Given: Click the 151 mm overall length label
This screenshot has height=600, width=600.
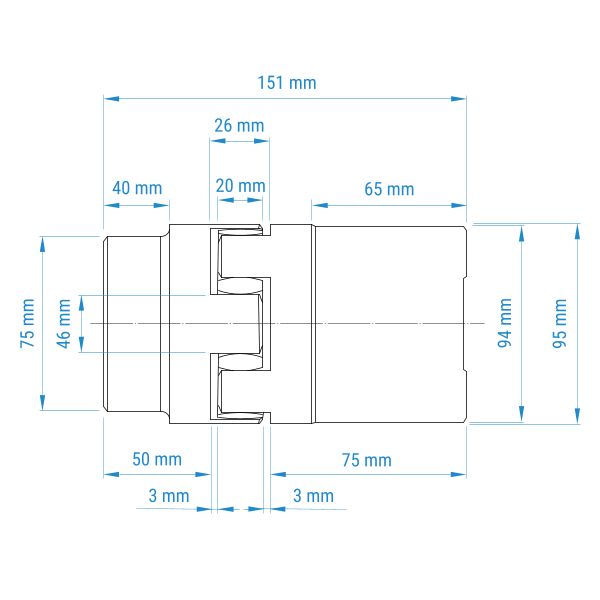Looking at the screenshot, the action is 287,83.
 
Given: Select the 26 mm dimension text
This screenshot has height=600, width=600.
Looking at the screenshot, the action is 239,126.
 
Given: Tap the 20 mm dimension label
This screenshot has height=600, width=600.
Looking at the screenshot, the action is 240,186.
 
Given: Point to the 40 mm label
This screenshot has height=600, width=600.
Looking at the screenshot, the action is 137,188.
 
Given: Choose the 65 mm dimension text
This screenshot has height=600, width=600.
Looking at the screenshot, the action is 389,189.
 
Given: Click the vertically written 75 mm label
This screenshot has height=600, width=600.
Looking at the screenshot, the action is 27,323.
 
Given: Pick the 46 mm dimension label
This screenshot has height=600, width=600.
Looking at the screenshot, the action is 64,324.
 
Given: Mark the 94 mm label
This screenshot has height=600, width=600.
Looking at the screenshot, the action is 505,323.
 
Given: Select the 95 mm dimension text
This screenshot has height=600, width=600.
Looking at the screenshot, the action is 559,323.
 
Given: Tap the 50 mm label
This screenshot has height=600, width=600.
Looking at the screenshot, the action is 157,459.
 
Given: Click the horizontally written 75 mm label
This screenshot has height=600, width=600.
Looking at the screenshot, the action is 367,460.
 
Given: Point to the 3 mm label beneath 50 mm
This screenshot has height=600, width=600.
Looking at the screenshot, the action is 169,496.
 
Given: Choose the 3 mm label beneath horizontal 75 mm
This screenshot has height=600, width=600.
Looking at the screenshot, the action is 313,496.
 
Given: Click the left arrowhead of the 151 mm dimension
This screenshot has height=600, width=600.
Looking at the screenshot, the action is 111,99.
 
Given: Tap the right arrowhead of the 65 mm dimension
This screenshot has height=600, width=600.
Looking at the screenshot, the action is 458,205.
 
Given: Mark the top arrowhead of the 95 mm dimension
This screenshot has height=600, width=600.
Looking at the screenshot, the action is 577,232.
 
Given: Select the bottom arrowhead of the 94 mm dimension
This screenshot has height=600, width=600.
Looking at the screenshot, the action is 521,414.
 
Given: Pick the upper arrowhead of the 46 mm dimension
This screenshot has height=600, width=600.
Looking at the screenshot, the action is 81,303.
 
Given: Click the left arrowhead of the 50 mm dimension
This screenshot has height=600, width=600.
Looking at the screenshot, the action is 111,474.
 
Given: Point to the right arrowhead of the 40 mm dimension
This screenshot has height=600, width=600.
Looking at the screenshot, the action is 161,205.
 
